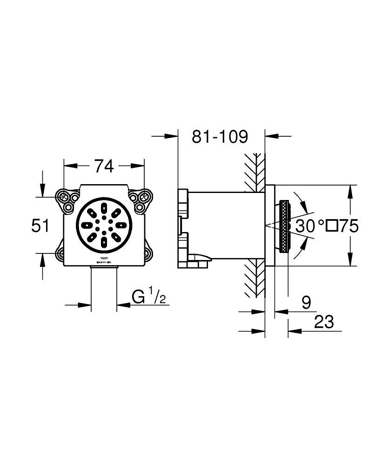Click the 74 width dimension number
[104, 166]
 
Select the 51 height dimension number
[40, 226]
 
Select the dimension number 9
[306, 303]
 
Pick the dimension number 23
[324, 322]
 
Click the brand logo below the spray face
[104, 260]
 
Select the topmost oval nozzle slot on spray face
[104, 207]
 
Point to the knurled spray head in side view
[283, 226]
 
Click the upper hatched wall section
[254, 172]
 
